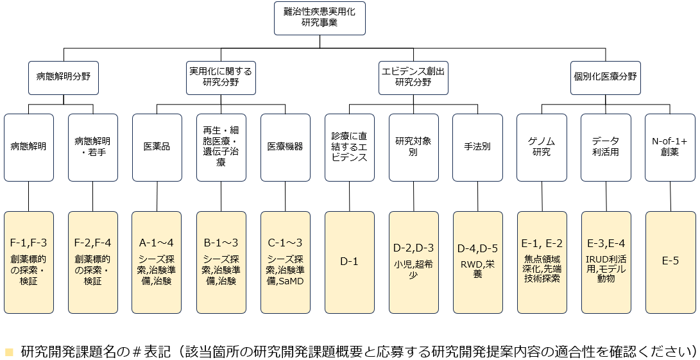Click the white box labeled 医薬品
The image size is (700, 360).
click(x=157, y=147)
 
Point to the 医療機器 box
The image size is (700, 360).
click(x=285, y=147)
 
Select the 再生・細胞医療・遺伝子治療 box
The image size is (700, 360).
click(x=221, y=147)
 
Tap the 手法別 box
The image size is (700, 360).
click(x=477, y=147)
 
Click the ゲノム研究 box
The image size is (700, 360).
click(x=542, y=147)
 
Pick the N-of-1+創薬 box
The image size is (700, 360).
click(x=670, y=147)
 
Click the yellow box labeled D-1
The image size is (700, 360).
click(x=349, y=261)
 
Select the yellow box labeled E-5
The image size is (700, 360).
click(x=670, y=261)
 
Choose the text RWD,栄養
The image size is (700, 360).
click(x=477, y=268)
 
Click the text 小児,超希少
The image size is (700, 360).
click(x=413, y=268)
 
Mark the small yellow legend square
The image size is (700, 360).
click(x=8, y=352)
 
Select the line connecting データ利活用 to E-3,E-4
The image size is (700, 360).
click(x=606, y=196)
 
